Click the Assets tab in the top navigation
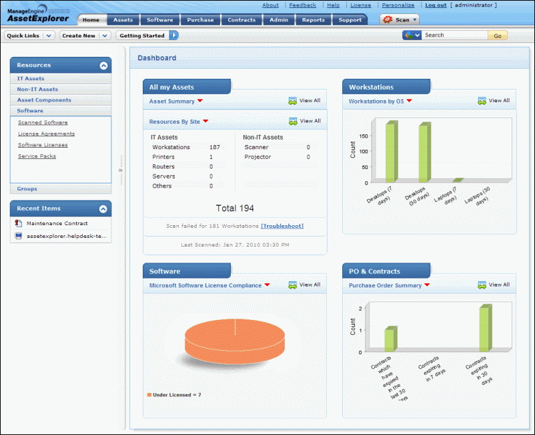pos(123,20)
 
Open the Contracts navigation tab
pos(241,20)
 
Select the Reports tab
pos(314,20)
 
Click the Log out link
pos(436,5)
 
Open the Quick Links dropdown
pos(31,35)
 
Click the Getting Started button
pos(142,35)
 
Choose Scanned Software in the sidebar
pos(43,123)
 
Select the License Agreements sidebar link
pos(47,134)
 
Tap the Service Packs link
pos(37,156)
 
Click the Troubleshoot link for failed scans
pos(282,226)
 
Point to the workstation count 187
pos(214,147)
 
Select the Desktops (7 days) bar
pos(391,152)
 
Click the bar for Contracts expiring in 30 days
pos(485,329)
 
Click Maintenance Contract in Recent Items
pos(57,224)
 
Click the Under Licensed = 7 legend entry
pos(174,395)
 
